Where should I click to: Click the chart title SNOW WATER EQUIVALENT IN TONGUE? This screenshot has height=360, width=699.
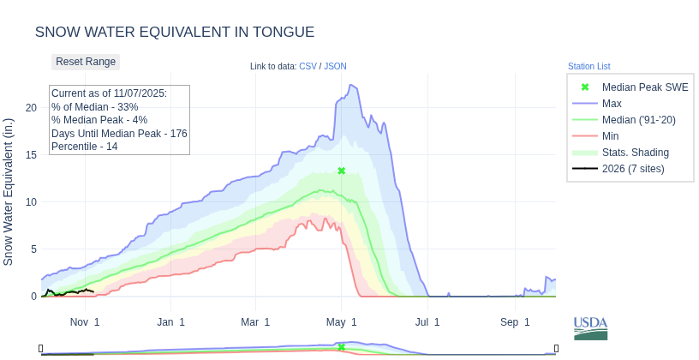click(x=175, y=33)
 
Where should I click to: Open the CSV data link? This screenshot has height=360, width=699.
click(x=308, y=67)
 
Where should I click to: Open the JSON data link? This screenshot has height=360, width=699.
click(x=335, y=67)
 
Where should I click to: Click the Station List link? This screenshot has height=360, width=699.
click(x=588, y=67)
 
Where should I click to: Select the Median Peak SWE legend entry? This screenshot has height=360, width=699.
click(x=644, y=87)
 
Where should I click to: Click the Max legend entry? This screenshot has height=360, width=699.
click(x=612, y=104)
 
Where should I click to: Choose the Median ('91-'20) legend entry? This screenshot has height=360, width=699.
click(x=638, y=120)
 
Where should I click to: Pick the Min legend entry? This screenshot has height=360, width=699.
click(x=611, y=136)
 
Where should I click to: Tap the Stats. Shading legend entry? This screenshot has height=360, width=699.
click(x=635, y=153)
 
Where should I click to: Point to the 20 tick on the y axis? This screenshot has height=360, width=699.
click(x=31, y=108)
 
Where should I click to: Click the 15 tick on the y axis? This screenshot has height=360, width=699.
click(x=31, y=155)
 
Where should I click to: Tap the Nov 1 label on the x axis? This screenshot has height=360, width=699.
click(x=85, y=322)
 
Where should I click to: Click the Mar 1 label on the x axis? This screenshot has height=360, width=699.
click(x=255, y=322)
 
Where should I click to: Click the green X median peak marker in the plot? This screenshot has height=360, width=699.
click(x=341, y=171)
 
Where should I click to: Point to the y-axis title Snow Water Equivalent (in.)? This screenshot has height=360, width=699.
click(x=9, y=192)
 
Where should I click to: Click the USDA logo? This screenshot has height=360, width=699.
click(x=590, y=328)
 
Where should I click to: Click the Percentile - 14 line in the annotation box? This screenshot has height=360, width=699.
click(x=85, y=147)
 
